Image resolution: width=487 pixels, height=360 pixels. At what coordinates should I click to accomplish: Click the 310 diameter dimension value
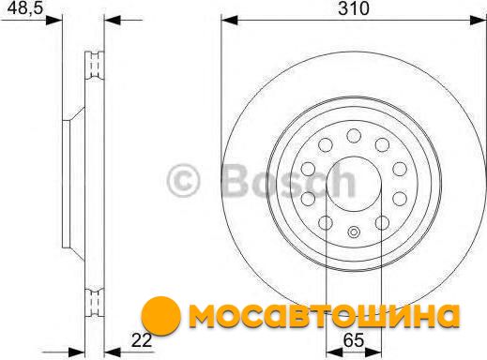(x=354, y=8)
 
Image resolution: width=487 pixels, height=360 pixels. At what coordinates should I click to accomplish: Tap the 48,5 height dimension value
(x=24, y=7)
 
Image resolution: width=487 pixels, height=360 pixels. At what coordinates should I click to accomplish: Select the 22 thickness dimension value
(x=142, y=340)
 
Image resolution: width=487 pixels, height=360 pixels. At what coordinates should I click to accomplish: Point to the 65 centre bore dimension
(x=354, y=340)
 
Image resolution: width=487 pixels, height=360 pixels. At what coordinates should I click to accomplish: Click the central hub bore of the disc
(x=354, y=184)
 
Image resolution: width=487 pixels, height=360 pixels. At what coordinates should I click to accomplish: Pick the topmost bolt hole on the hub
(x=354, y=136)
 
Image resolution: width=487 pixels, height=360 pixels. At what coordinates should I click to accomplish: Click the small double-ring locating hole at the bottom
(x=354, y=232)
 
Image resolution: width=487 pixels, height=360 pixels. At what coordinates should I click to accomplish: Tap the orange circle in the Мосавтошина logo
(x=161, y=316)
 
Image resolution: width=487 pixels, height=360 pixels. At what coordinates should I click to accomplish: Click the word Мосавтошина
(x=325, y=315)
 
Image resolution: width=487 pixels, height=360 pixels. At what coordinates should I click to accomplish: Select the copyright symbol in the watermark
(x=183, y=181)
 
